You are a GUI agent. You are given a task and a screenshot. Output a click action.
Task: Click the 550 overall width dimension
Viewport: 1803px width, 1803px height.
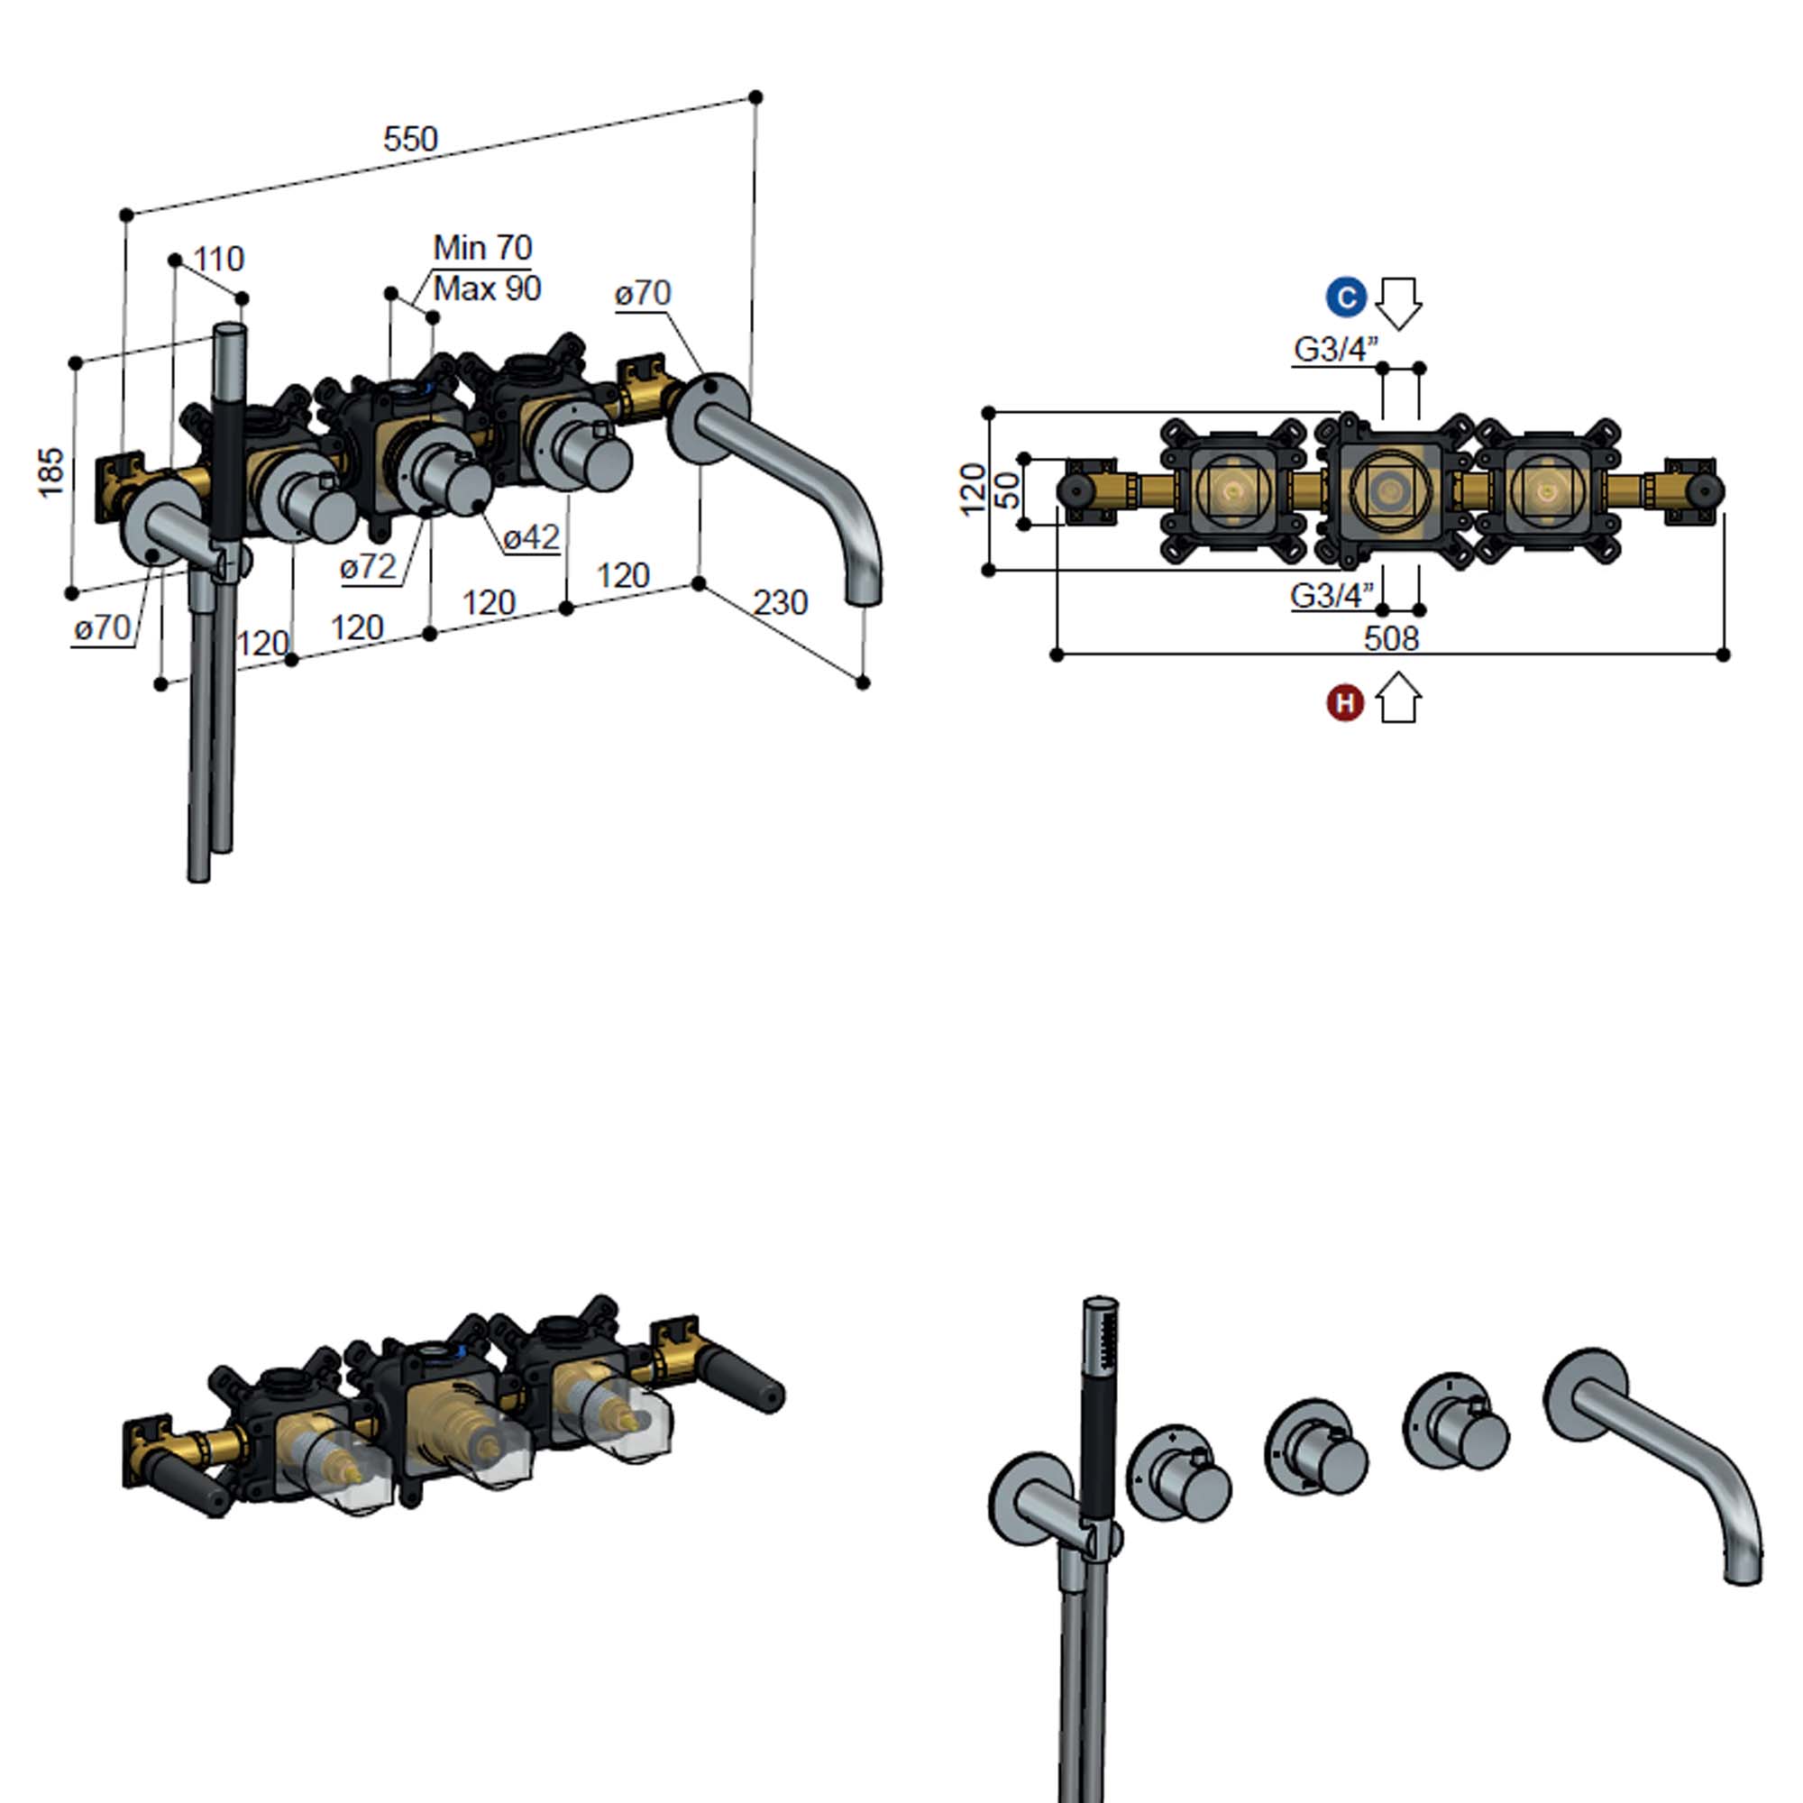(x=409, y=140)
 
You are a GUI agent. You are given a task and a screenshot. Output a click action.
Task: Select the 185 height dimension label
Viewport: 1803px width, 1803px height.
(x=52, y=471)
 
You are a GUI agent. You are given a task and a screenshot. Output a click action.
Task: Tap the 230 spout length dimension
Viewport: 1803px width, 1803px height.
(x=779, y=603)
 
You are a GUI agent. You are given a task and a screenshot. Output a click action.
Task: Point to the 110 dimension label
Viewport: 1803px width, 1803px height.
(x=218, y=259)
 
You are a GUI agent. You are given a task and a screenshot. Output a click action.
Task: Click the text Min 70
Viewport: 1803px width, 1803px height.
(x=482, y=247)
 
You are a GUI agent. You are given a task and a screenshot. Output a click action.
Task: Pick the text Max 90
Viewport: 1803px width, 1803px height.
(x=487, y=289)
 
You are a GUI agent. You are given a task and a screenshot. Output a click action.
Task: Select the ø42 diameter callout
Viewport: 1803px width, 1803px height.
(x=531, y=537)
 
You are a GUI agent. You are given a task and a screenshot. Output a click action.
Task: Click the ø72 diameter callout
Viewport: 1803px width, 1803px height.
(x=368, y=566)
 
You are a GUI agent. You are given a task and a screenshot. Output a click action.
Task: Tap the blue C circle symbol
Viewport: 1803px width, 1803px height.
(x=1346, y=298)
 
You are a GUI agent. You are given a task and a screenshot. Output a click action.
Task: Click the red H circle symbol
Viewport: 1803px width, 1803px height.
(x=1345, y=703)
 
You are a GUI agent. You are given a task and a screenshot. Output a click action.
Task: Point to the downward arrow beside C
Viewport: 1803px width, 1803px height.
(x=1398, y=303)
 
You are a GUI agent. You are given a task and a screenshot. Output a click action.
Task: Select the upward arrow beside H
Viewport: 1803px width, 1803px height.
(x=1398, y=699)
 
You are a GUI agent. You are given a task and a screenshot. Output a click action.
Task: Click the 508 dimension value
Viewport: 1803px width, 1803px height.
(x=1390, y=639)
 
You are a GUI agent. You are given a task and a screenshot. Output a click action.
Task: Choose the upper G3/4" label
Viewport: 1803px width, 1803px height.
(x=1335, y=350)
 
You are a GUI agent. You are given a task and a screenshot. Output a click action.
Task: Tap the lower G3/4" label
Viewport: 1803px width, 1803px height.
(x=1332, y=595)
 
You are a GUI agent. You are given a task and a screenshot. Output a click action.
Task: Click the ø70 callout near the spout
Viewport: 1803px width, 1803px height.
(x=642, y=294)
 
